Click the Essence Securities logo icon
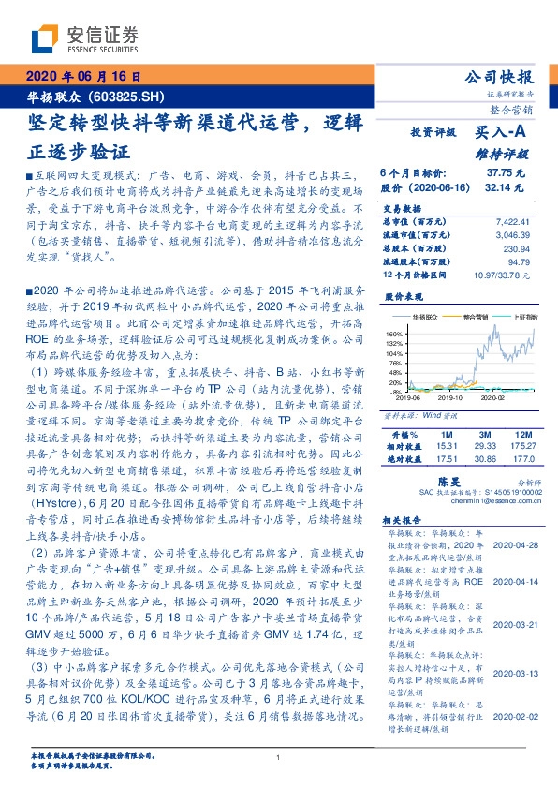click(45, 37)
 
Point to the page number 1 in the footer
click(278, 758)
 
